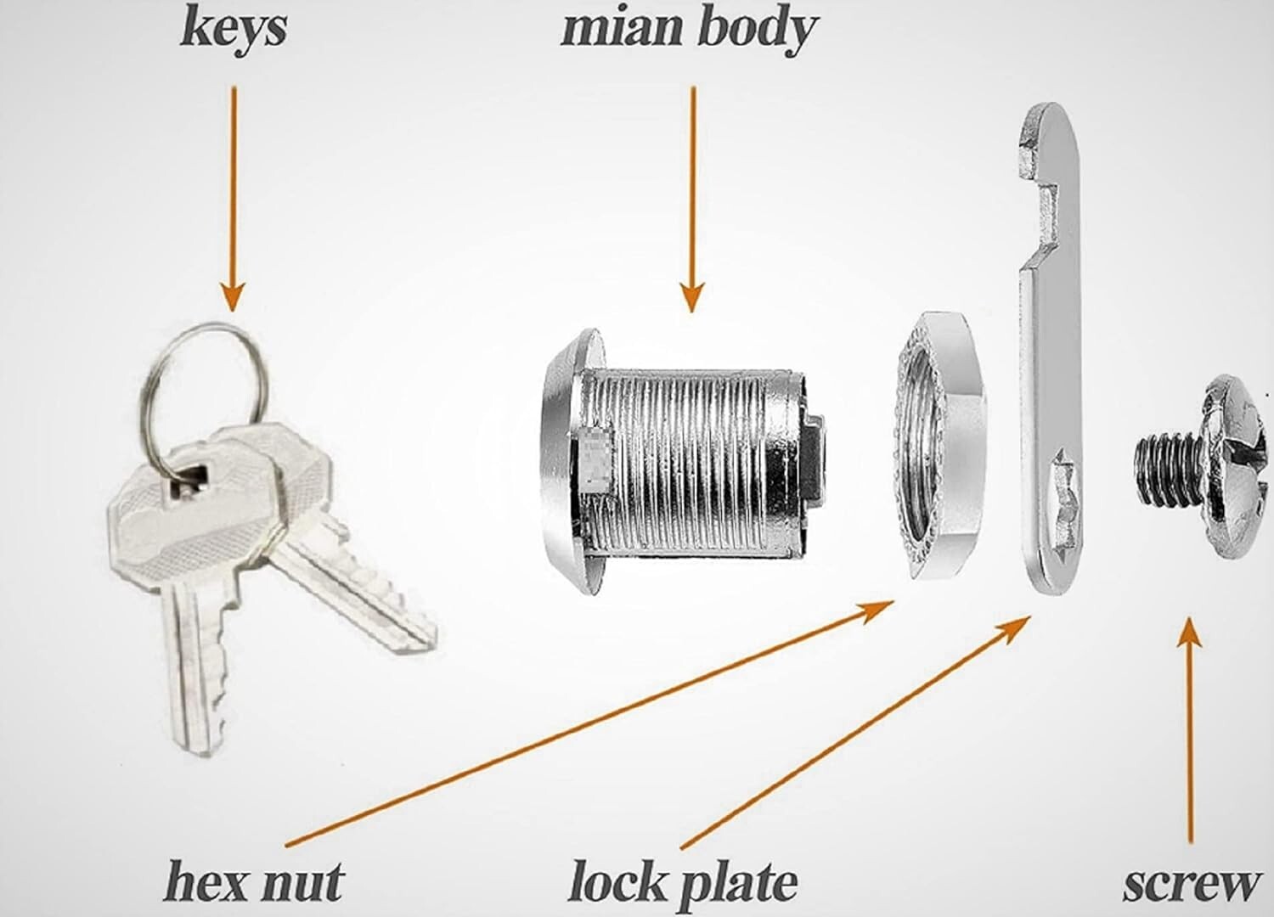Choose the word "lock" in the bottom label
(617, 881)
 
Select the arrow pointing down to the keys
(233, 199)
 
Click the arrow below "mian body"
(692, 199)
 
